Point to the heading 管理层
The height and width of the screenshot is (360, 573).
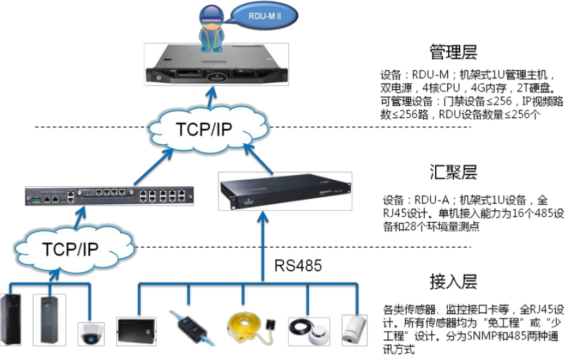pyautogui.click(x=453, y=52)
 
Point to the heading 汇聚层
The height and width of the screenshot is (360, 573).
pyautogui.click(x=453, y=173)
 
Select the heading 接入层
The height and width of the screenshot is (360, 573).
pyautogui.click(x=453, y=282)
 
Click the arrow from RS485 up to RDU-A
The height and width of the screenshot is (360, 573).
pyautogui.click(x=264, y=245)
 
